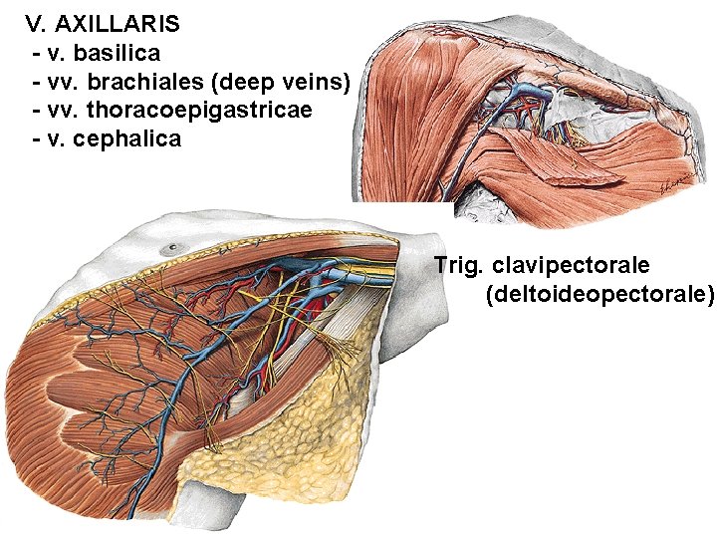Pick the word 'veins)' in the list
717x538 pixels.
[313, 80]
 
